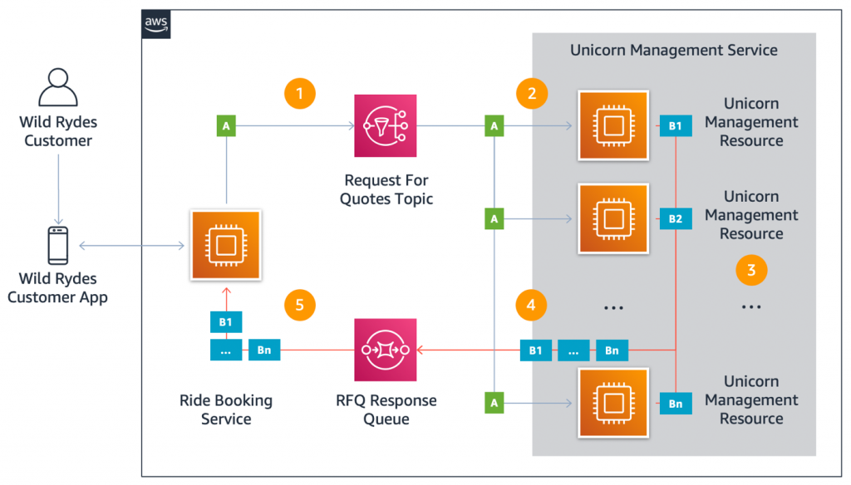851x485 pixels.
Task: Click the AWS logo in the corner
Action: click(x=156, y=24)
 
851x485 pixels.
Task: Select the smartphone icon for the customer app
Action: click(x=57, y=246)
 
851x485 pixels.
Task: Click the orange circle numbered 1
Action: click(x=299, y=94)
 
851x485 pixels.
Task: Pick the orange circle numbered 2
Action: click(x=531, y=94)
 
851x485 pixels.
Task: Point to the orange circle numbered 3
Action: click(x=750, y=269)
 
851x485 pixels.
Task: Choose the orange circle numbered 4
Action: click(x=531, y=305)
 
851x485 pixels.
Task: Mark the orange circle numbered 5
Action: click(x=299, y=305)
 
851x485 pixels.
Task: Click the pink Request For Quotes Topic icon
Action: click(x=386, y=126)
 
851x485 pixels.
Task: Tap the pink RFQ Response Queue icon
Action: click(x=386, y=350)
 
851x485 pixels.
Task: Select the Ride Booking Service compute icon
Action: click(x=225, y=245)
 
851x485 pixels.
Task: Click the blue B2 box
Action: click(x=675, y=219)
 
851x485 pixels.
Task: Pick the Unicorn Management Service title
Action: click(x=673, y=50)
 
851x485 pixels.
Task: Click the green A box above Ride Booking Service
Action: click(x=225, y=126)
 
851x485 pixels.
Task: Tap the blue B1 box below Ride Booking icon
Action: click(x=225, y=321)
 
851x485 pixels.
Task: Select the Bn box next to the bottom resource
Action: click(x=675, y=404)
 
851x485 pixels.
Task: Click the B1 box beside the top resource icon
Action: click(x=675, y=126)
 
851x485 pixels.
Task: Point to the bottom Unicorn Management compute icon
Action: click(x=612, y=404)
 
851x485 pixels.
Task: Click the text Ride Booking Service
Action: click(x=225, y=409)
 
